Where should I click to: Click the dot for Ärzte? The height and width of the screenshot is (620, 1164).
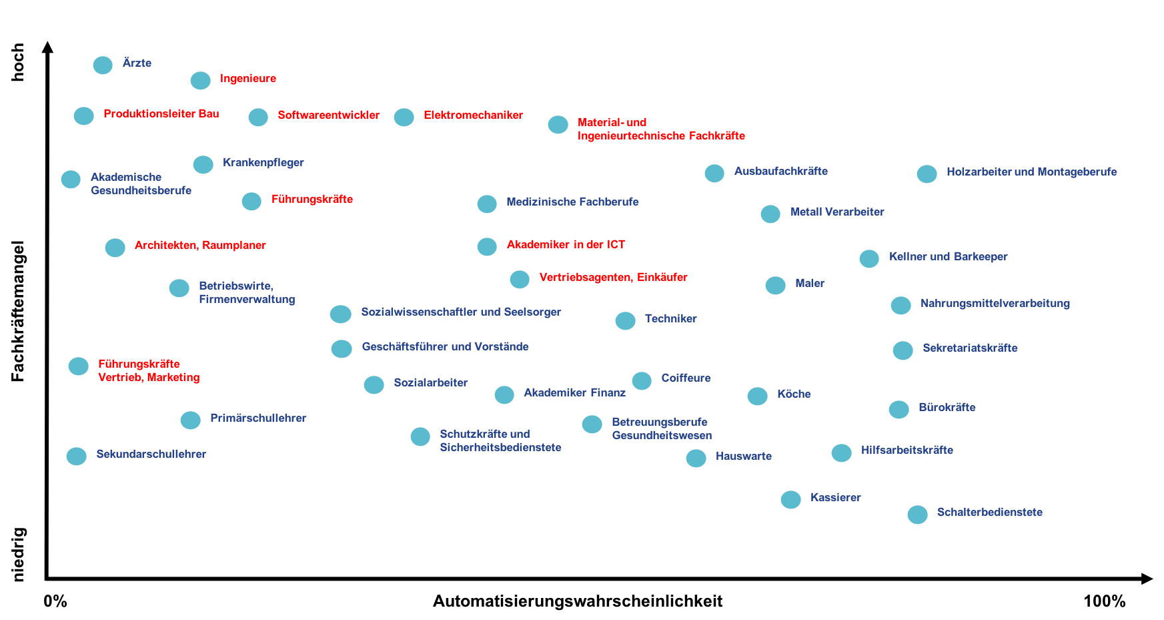pos(103,65)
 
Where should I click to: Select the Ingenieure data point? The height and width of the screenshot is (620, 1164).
pos(200,80)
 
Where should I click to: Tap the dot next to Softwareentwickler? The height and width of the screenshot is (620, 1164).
pos(258,117)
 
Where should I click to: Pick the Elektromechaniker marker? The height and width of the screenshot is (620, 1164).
pos(404,117)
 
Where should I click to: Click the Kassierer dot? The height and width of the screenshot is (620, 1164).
pos(790,499)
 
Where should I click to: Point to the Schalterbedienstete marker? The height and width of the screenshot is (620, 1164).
pos(917,515)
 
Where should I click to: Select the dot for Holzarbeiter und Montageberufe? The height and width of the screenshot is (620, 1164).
pos(927,174)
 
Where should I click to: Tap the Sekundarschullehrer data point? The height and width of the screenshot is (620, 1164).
pos(77,456)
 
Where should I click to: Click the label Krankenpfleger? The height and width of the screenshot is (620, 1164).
pos(263,162)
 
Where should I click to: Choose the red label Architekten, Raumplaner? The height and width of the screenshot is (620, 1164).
pos(200,245)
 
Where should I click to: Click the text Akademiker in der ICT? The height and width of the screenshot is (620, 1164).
pos(566,244)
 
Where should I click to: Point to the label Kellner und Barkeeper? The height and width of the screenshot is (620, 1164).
pos(948,256)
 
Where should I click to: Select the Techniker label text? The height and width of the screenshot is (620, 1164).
pos(670,318)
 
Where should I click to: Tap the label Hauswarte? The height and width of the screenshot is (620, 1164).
pos(743,456)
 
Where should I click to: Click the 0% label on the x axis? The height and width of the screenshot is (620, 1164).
pos(55,601)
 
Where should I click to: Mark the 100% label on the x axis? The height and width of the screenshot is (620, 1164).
pos(1104,601)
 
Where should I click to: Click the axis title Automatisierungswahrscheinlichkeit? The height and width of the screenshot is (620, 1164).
pos(578,601)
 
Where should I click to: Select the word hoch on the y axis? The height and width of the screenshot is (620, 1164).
pos(18,62)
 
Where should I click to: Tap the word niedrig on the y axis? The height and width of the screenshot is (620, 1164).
pos(18,555)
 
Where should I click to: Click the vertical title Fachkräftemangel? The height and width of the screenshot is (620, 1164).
pos(18,311)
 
